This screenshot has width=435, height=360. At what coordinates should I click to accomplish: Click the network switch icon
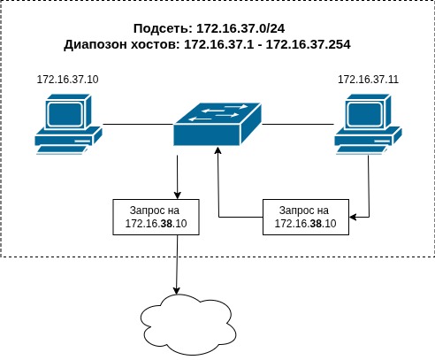pyautogui.click(x=217, y=125)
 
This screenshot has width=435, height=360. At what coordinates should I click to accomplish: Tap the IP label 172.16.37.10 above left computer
pyautogui.click(x=67, y=80)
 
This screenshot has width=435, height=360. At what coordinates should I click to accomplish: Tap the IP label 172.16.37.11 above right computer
pyautogui.click(x=368, y=80)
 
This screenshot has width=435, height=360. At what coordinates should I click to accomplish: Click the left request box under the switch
pyautogui.click(x=156, y=218)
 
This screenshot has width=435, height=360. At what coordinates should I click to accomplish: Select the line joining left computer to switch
pyautogui.click(x=137, y=125)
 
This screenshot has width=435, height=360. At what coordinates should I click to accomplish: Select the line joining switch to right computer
pyautogui.click(x=297, y=125)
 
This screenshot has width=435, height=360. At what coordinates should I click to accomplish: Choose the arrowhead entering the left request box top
pyautogui.click(x=179, y=195)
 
